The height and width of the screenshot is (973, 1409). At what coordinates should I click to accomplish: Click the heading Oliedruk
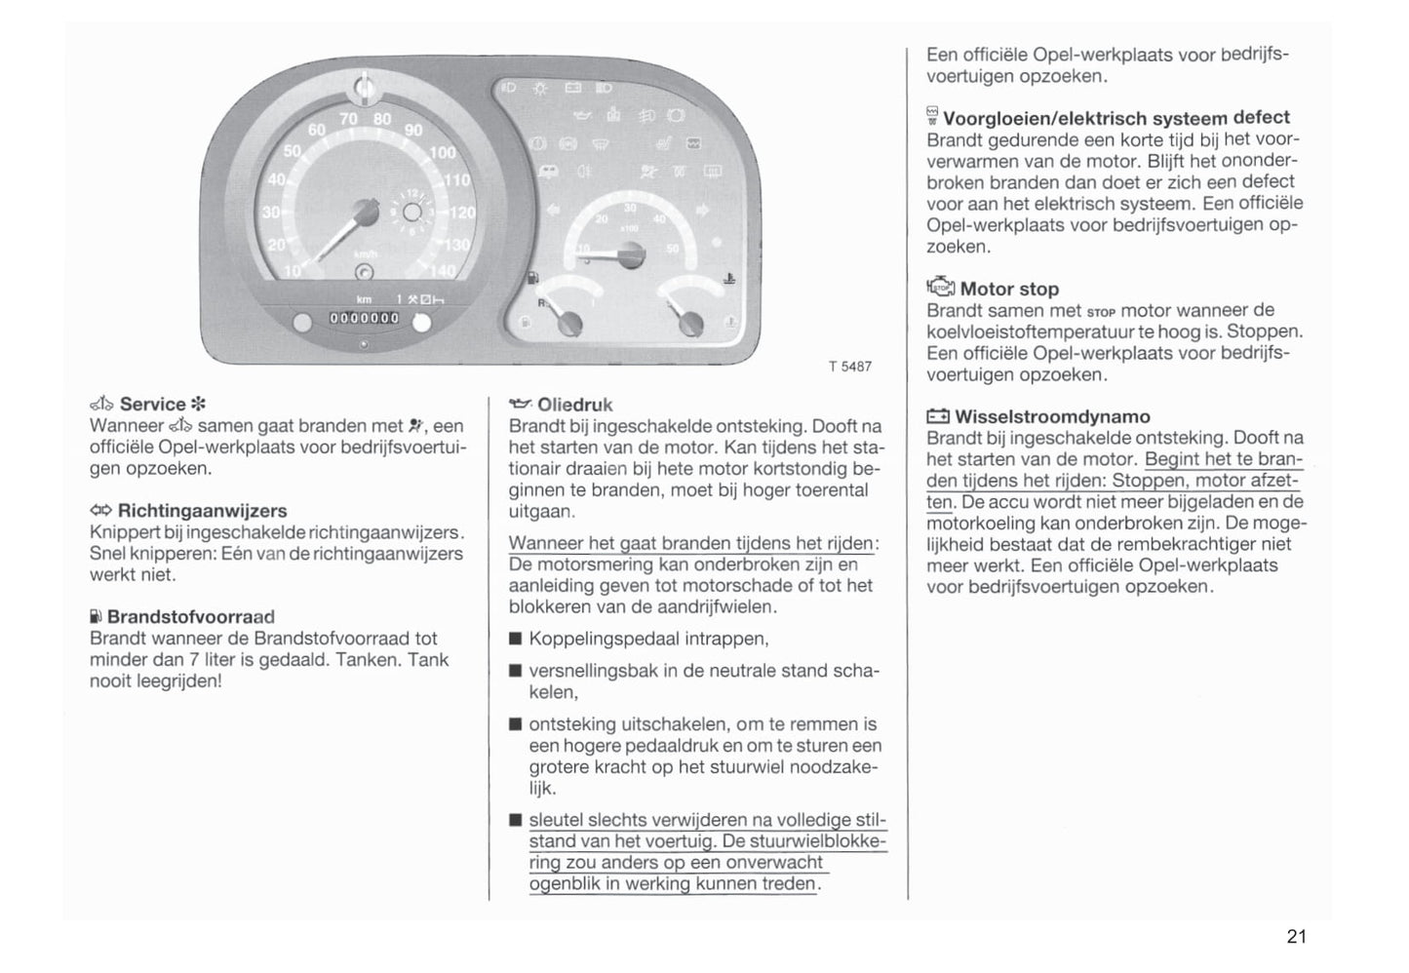574,405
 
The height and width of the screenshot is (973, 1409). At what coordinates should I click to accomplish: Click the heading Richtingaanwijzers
202,511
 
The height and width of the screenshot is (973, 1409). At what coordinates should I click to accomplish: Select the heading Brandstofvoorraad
190,617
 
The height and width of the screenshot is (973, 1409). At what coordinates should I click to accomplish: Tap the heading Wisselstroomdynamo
1052,417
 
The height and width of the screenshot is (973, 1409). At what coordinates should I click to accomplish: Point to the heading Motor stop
1009,290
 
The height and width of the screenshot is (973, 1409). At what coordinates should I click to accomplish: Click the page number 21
1296,937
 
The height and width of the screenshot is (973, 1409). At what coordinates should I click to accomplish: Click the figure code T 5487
850,367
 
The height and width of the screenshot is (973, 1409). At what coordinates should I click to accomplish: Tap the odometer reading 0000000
364,318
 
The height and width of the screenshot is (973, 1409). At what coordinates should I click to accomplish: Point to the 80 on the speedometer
381,120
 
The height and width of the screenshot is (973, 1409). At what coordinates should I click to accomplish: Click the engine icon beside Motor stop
940,288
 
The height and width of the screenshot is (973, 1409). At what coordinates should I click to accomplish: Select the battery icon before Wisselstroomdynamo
937,417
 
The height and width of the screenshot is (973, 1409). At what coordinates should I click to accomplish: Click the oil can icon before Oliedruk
521,404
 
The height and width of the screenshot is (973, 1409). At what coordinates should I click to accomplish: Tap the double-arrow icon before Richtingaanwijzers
100,511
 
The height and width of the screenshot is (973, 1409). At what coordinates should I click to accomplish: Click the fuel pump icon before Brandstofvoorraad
96,617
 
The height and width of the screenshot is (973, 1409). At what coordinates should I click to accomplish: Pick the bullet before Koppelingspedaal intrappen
515,641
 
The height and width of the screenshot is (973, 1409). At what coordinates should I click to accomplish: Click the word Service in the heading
152,405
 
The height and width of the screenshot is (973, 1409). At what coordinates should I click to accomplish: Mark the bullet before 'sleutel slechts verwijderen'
515,821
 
